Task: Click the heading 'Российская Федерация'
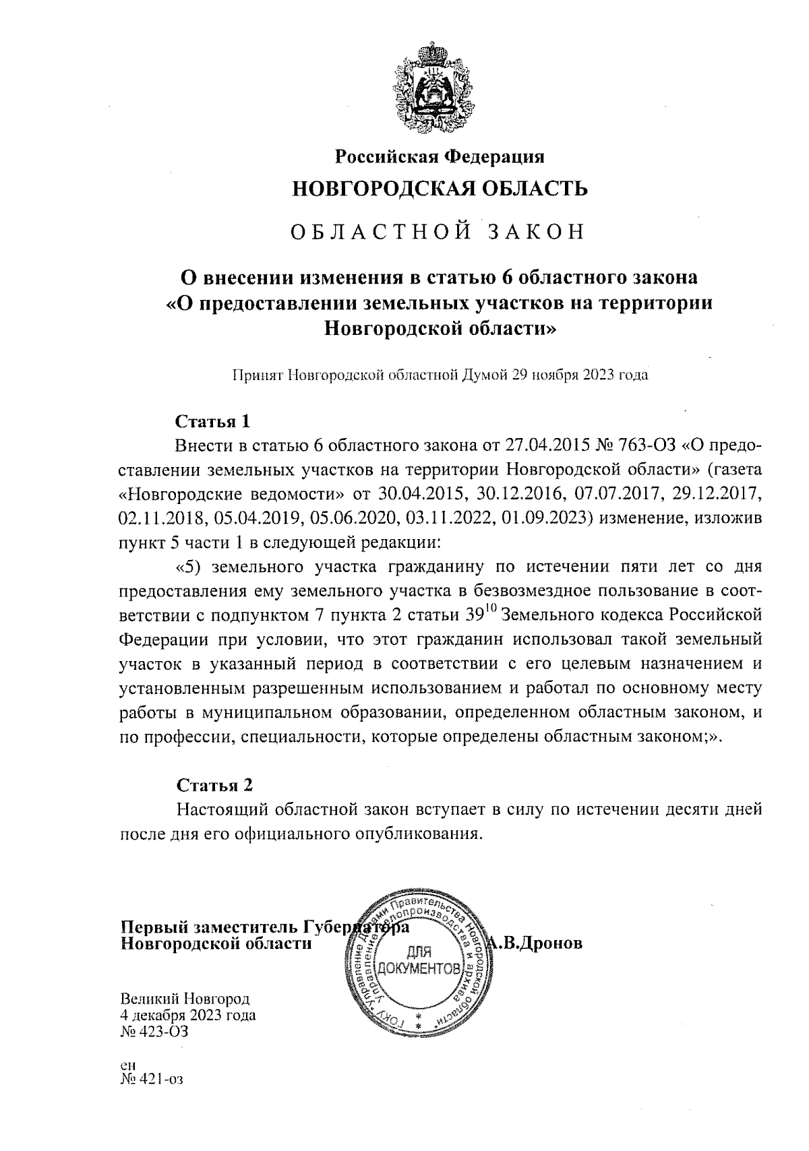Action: click(x=440, y=158)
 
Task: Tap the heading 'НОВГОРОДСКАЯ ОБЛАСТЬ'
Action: click(x=439, y=189)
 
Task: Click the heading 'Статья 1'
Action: click(x=213, y=422)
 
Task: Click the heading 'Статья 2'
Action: click(x=214, y=785)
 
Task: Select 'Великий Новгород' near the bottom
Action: click(x=185, y=998)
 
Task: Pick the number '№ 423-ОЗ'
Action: click(x=153, y=1031)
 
